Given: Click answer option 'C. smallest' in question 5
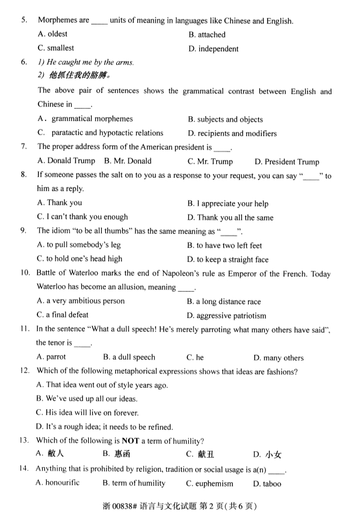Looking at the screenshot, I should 56,49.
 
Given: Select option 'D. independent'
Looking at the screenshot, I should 213,49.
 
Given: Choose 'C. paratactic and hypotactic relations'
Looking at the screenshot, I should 100,133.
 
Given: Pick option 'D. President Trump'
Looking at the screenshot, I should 287,162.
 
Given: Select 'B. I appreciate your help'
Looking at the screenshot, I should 227,204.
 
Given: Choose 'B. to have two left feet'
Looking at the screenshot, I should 224,246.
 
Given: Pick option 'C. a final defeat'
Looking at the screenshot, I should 63,315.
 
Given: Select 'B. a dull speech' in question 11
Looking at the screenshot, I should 129,357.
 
